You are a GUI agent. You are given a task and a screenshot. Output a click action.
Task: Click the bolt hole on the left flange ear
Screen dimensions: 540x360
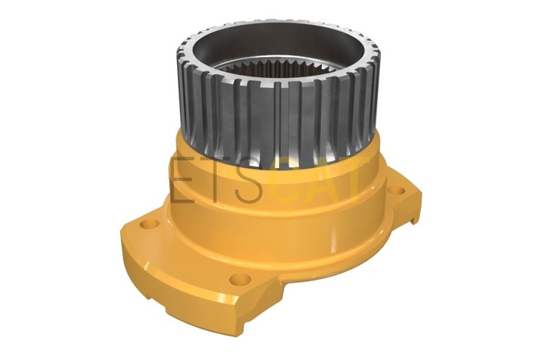(149, 224)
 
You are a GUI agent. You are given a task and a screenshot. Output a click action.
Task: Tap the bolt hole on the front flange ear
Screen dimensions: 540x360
(240, 279)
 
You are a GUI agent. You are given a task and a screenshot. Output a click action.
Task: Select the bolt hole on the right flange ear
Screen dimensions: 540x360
(396, 190)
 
